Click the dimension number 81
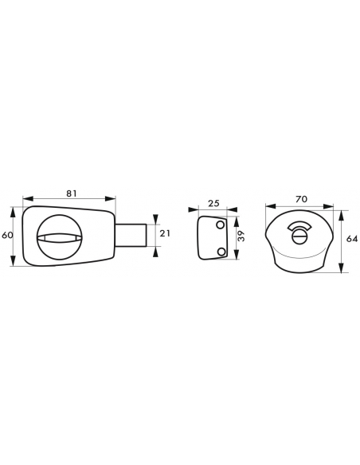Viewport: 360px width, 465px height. pyautogui.click(x=72, y=193)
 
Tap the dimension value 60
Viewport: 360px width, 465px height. pyautogui.click(x=7, y=235)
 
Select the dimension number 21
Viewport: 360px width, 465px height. pyautogui.click(x=165, y=233)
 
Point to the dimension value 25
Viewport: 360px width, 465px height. pyautogui.click(x=213, y=203)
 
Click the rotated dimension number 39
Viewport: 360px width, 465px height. pyautogui.click(x=242, y=236)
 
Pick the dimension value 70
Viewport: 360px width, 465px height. pyautogui.click(x=301, y=199)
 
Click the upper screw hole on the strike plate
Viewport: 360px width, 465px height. pyautogui.click(x=221, y=225)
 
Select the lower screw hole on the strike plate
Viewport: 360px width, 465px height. pyautogui.click(x=221, y=252)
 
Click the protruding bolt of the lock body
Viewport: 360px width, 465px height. pyautogui.click(x=131, y=235)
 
